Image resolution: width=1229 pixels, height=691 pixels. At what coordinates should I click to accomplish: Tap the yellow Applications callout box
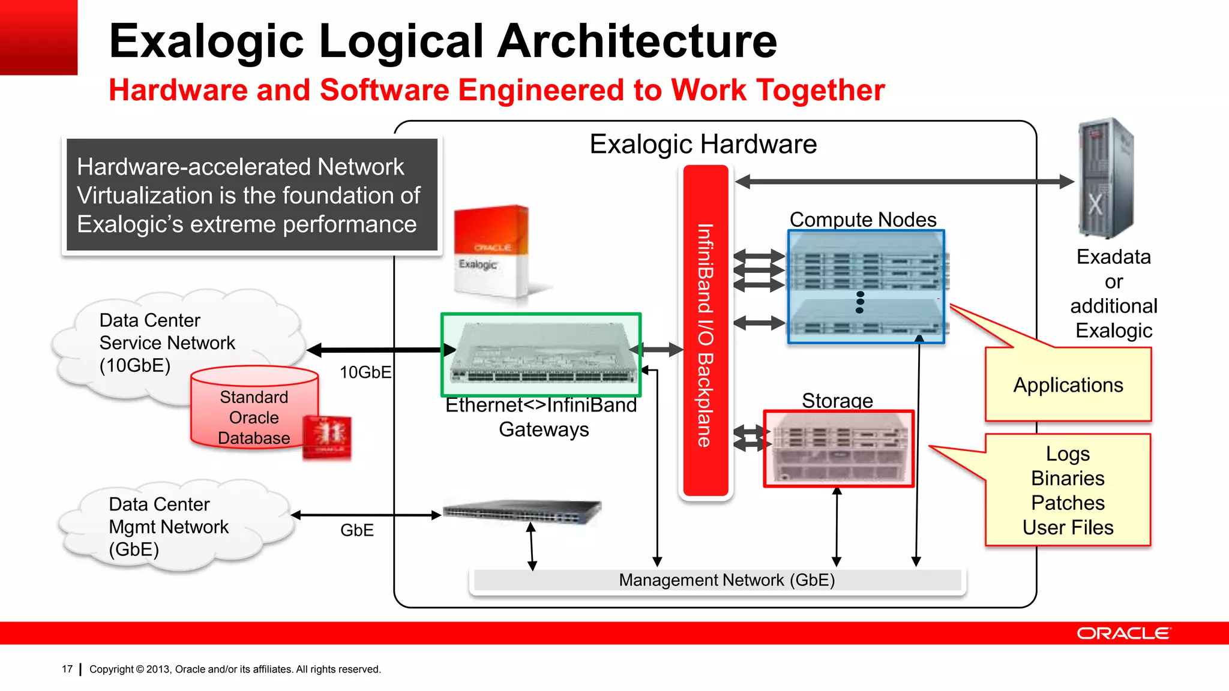click(1068, 385)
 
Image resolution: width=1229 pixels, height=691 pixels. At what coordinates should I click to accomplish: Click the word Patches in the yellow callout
click(1068, 503)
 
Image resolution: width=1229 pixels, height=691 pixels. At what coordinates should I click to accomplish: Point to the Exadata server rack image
click(1106, 179)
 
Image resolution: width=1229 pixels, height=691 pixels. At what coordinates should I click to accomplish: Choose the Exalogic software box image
click(491, 252)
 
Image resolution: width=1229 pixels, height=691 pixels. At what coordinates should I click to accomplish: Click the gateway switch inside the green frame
click(541, 354)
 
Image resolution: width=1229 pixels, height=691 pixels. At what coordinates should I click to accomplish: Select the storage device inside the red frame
click(838, 449)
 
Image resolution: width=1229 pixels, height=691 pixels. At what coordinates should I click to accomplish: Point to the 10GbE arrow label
click(365, 372)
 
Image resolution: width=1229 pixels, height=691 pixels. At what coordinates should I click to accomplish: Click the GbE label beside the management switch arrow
click(356, 530)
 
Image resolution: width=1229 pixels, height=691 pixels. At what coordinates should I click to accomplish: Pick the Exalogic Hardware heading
click(703, 145)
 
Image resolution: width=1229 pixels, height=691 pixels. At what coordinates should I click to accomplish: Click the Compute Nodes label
click(862, 220)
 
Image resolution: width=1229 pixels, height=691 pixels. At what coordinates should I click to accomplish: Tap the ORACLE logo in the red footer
click(1123, 633)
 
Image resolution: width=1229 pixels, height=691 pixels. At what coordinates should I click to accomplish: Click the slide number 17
click(67, 669)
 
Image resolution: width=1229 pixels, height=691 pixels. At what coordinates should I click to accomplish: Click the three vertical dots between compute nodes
click(860, 302)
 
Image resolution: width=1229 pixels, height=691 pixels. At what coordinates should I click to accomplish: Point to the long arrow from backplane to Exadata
click(904, 181)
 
